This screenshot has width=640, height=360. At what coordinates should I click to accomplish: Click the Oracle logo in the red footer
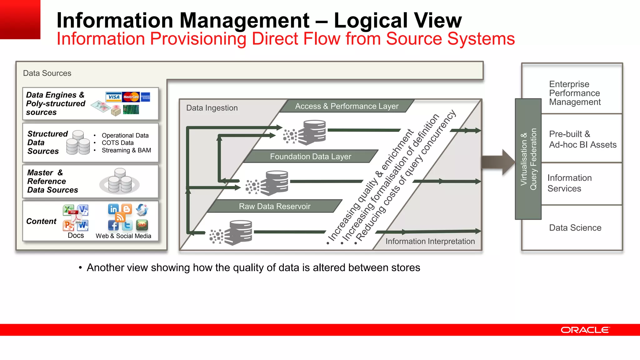click(585, 330)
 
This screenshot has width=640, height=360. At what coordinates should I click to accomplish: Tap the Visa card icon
click(113, 97)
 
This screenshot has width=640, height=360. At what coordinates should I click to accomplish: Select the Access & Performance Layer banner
click(347, 106)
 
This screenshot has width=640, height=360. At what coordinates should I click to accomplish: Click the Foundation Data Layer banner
click(310, 156)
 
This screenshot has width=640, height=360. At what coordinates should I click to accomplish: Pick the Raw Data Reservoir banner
click(274, 206)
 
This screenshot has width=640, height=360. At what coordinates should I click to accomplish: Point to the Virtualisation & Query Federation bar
click(528, 159)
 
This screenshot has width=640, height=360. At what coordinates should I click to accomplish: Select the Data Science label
click(575, 227)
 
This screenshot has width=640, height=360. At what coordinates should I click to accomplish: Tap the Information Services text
click(569, 183)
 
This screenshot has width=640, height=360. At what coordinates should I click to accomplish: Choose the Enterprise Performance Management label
click(575, 93)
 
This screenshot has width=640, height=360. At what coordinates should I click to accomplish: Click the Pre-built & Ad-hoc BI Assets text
click(582, 139)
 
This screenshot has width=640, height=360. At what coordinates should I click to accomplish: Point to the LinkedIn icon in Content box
click(113, 209)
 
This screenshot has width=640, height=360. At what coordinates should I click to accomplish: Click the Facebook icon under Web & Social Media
click(113, 225)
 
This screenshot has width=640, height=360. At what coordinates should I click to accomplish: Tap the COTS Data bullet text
click(117, 143)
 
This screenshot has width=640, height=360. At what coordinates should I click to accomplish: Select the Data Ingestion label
click(212, 108)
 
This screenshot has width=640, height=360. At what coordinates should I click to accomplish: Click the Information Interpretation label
click(430, 241)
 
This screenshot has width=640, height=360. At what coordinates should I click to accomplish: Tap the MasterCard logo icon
click(131, 97)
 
